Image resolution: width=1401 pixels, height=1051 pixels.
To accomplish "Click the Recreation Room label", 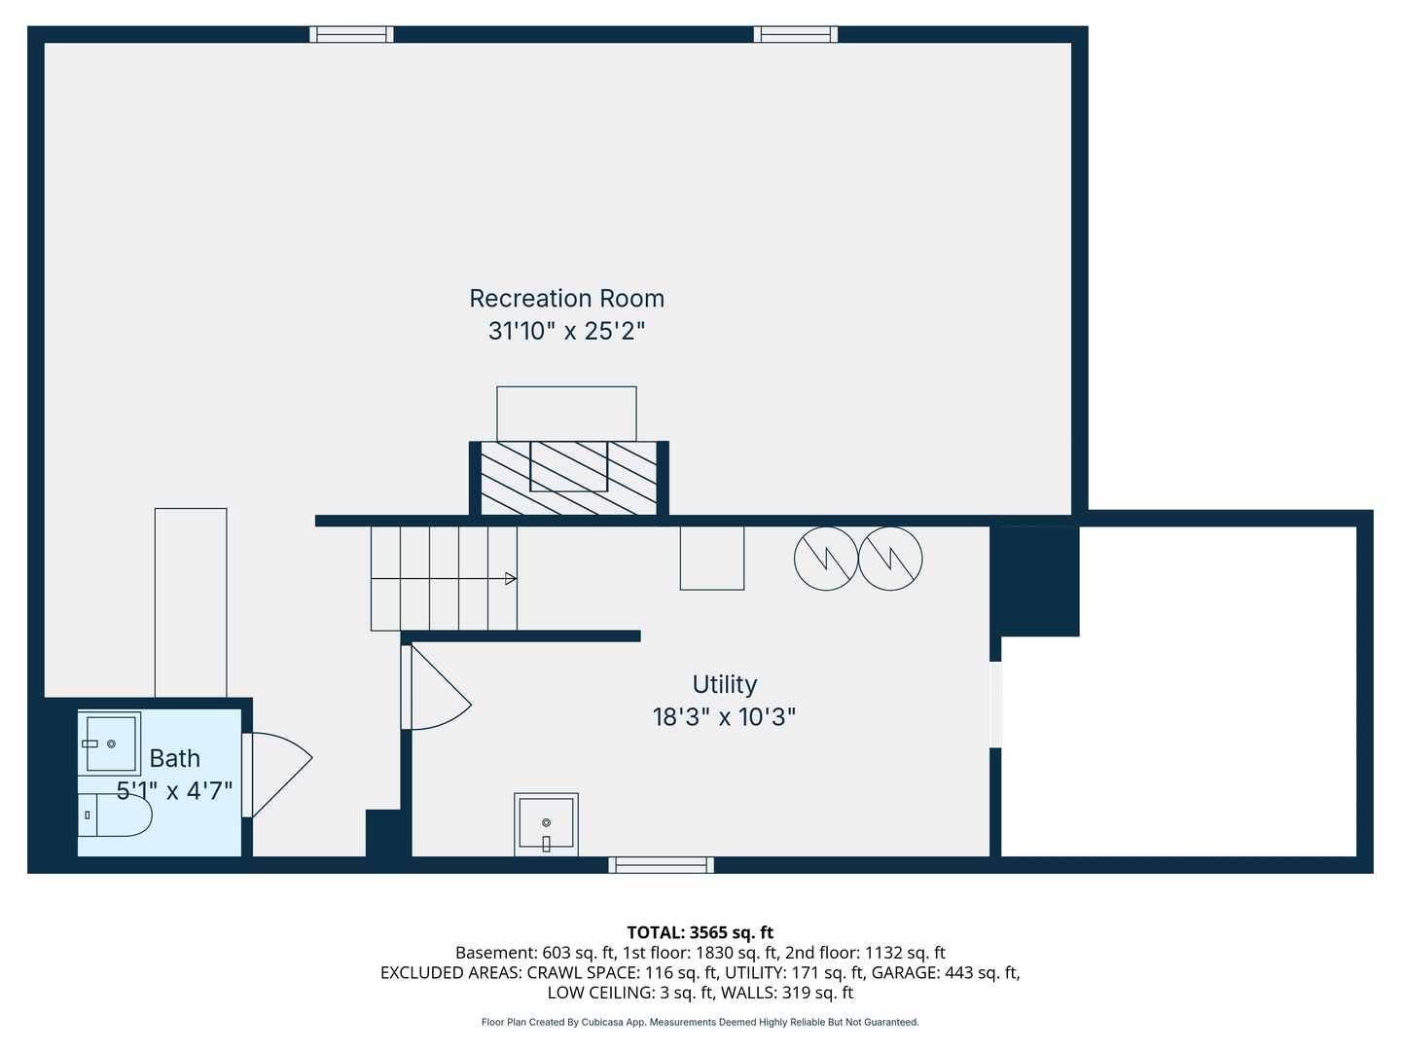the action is tap(567, 299).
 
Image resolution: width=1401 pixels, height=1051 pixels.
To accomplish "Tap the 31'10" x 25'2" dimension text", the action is tap(567, 331).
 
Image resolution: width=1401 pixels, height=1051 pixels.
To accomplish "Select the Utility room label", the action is tap(725, 685).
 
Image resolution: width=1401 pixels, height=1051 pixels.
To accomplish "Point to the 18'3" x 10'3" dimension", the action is tap(725, 717).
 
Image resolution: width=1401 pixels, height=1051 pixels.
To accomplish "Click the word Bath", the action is tap(174, 759).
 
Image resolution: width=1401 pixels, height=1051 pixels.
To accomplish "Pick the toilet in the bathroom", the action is tap(115, 815).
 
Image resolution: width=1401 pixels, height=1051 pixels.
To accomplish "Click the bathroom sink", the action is tap(110, 743).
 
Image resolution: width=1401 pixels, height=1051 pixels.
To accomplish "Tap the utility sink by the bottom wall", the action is tap(547, 824).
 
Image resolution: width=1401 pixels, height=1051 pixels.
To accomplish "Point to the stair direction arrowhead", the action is tap(511, 579).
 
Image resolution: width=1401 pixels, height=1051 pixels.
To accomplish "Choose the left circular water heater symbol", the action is tap(826, 559).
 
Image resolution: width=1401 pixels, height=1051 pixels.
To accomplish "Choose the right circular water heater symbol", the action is tap(890, 559).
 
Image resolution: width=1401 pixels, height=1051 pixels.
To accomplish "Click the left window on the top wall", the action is tap(351, 34).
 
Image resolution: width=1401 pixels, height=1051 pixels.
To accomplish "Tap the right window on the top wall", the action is tap(795, 34).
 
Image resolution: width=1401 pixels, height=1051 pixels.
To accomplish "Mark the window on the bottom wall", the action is tap(662, 865).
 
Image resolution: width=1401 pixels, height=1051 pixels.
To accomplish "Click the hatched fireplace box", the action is tap(569, 478).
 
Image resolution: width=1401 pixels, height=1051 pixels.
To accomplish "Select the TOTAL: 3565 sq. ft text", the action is tap(700, 933).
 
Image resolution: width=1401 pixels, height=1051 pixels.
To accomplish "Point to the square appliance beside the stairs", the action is tap(712, 559).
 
